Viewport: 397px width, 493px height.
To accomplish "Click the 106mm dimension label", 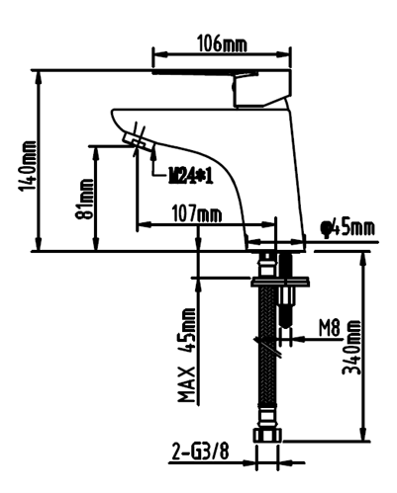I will [222, 43].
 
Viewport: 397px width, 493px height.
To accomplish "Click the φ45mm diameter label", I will [348, 228].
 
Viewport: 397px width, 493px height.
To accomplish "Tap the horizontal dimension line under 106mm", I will [222, 56].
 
